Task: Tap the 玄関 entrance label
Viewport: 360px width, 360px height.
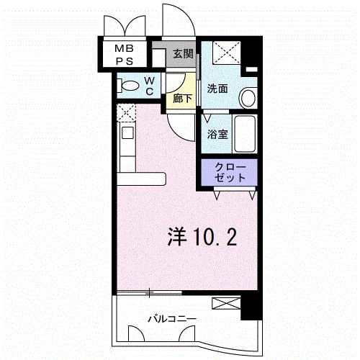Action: (x=182, y=54)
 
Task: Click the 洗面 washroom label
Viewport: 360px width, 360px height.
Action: (x=217, y=89)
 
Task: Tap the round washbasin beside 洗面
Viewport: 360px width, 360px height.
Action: (x=246, y=96)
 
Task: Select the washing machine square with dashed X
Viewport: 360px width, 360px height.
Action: (x=227, y=54)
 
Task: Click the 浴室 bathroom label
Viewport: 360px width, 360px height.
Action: (x=217, y=135)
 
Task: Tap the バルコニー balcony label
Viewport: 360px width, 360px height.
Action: (x=173, y=317)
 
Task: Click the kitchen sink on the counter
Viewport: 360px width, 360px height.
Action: (x=127, y=132)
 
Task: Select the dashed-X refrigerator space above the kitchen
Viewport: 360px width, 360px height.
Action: (x=127, y=113)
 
